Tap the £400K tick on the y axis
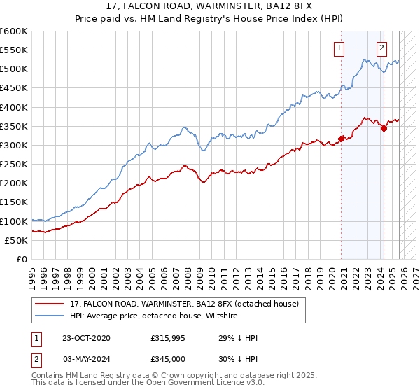(14, 107)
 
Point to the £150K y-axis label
(14, 202)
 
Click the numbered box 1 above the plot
(339, 48)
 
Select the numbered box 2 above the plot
(382, 48)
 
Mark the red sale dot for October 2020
(342, 139)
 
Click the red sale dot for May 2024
(384, 128)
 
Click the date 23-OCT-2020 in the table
(86, 338)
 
